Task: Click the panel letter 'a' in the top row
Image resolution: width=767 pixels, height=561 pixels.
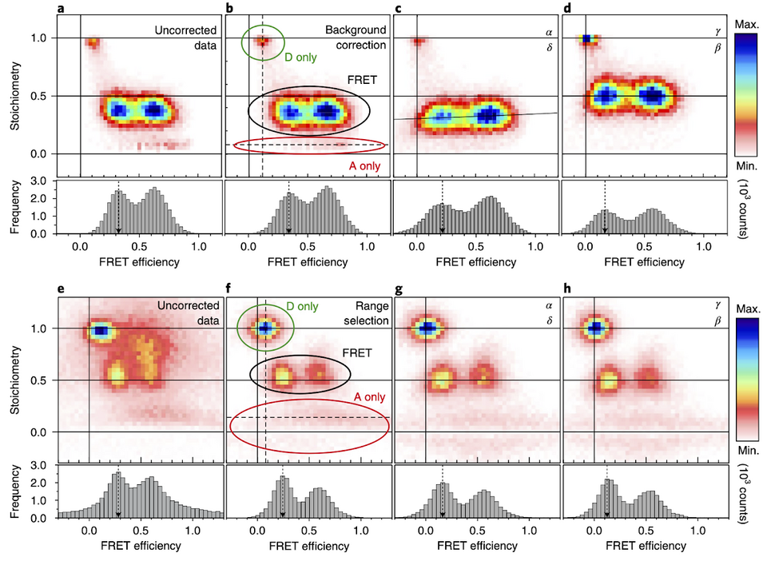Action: (x=61, y=8)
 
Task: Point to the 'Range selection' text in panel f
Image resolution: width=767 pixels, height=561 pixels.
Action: (x=366, y=313)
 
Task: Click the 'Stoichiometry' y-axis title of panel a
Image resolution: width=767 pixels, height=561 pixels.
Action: (x=14, y=90)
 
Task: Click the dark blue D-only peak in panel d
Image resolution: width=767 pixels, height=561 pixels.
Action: (x=587, y=38)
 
